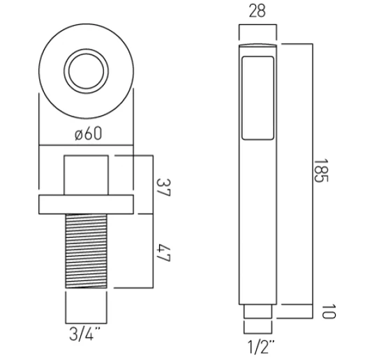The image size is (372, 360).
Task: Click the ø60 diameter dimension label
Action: click(88, 133)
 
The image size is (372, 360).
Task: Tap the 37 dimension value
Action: click(163, 188)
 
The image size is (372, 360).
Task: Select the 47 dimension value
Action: click(163, 253)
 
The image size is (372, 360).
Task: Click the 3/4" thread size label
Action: click(84, 333)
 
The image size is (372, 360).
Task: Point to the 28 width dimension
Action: click(257, 11)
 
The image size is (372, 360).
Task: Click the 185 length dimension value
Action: click(321, 171)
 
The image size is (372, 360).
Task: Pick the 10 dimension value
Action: click(329, 311)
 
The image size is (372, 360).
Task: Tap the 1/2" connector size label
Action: click(261, 347)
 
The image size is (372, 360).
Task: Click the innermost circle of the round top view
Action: click(86, 71)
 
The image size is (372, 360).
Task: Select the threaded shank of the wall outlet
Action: click(86, 251)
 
